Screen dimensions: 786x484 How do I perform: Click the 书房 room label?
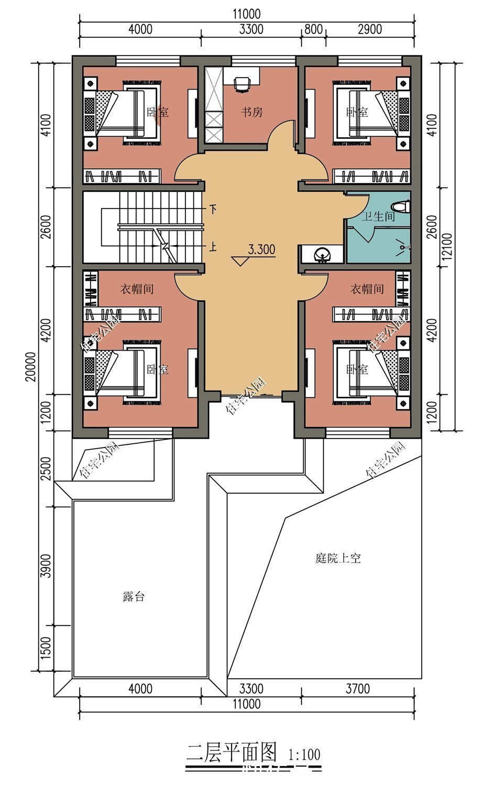pyautogui.click(x=251, y=112)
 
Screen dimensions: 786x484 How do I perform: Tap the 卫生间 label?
pyautogui.click(x=378, y=216)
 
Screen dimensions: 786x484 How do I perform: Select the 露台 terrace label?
pyautogui.click(x=134, y=596)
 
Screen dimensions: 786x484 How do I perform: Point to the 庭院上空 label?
pyautogui.click(x=338, y=558)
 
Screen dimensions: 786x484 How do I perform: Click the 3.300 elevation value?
pyautogui.click(x=261, y=250)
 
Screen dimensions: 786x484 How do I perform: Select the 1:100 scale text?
pyautogui.click(x=304, y=755)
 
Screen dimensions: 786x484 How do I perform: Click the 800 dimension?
pyautogui.click(x=313, y=29)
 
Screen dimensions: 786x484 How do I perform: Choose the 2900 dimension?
pyautogui.click(x=369, y=29)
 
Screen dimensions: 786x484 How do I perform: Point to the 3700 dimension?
pyautogui.click(x=358, y=688)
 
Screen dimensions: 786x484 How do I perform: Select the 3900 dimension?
pyautogui.click(x=46, y=565)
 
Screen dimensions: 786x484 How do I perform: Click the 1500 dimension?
pyautogui.click(x=46, y=648)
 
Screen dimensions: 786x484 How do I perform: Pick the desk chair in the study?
pyautogui.click(x=241, y=83)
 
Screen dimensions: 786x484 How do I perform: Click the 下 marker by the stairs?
pyautogui.click(x=213, y=210)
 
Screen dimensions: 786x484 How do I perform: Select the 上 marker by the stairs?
pyautogui.click(x=213, y=246)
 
